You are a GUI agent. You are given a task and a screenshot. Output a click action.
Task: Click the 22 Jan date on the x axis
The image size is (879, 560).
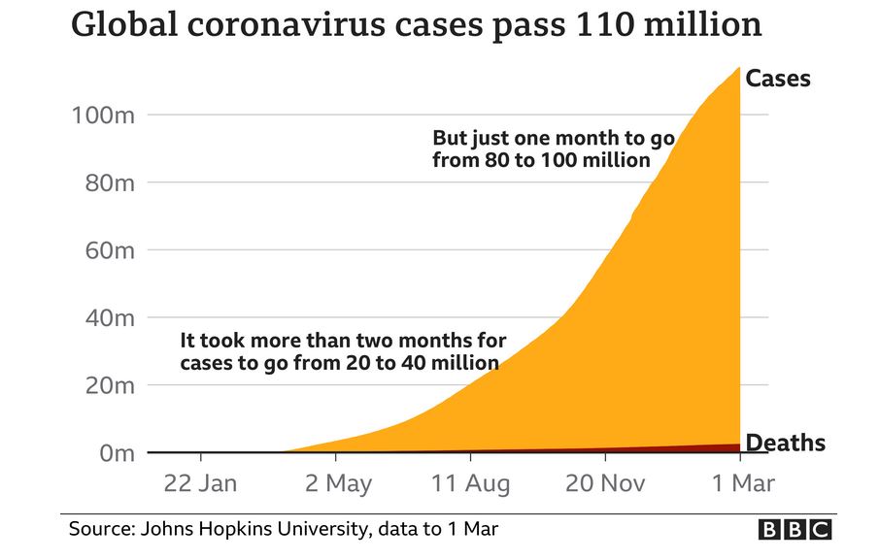click(x=201, y=483)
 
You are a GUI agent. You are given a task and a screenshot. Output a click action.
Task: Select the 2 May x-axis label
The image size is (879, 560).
click(x=338, y=483)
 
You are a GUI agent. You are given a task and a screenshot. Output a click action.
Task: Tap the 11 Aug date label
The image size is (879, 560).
click(x=470, y=483)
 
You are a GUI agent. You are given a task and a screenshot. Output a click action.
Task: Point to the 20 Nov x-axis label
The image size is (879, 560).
click(x=605, y=483)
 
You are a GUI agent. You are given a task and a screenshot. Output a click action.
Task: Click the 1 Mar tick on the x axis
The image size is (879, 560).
click(x=741, y=483)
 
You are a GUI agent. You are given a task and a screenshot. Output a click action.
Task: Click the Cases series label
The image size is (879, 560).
click(x=777, y=79)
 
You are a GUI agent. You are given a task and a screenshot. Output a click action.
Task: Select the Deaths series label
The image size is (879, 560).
click(x=784, y=444)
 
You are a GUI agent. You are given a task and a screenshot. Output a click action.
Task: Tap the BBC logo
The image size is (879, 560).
click(x=794, y=529)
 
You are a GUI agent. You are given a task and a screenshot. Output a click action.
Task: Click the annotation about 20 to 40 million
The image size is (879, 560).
click(x=342, y=351)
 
